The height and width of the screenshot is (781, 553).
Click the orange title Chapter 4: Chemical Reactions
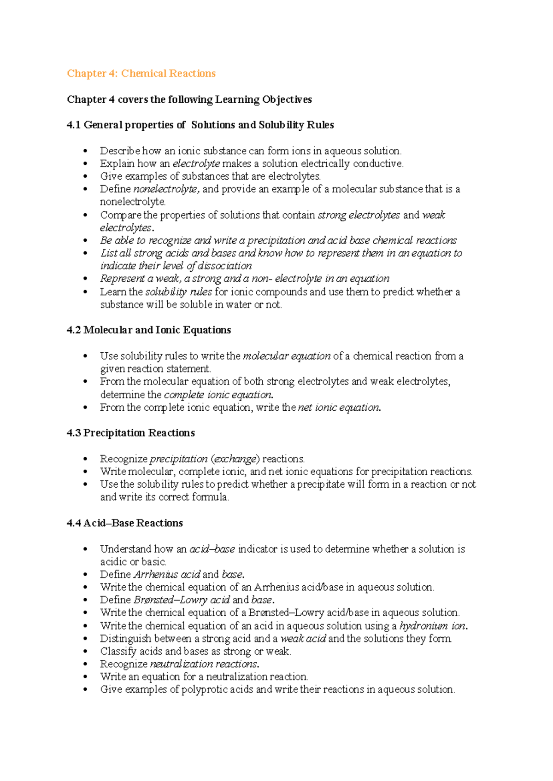point(141,74)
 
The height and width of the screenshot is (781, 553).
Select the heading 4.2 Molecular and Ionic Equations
point(148,330)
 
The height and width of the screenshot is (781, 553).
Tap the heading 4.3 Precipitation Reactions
point(130,433)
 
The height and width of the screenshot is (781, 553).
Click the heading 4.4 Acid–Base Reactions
point(124,523)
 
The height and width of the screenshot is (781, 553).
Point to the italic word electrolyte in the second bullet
point(196,164)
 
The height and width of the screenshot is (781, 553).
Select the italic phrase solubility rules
point(178,292)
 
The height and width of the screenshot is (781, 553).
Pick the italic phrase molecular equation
point(286,356)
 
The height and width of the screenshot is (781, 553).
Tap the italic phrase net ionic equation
point(339,408)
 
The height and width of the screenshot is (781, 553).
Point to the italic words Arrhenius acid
point(167,575)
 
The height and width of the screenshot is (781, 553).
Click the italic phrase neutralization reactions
point(204,664)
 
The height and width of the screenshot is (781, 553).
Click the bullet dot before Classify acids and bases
point(85,652)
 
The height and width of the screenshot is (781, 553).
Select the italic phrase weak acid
point(303,639)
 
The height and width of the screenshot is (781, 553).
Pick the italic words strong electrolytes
point(359,215)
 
